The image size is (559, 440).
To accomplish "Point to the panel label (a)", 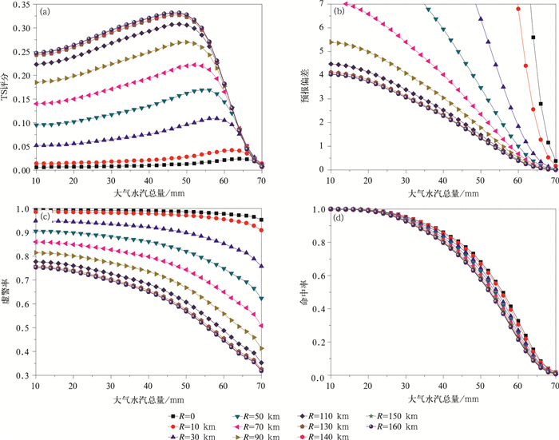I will (x=46, y=11).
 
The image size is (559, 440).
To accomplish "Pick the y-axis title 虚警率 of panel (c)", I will (x=7, y=292).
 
